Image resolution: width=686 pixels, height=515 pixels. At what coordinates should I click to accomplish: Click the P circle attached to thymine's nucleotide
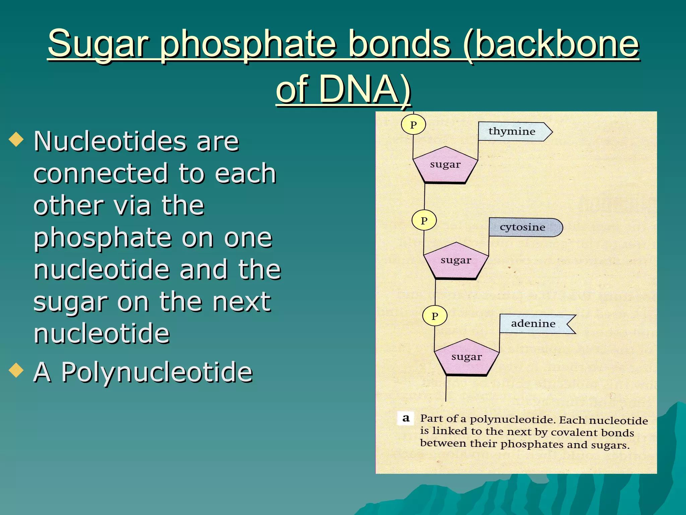pyautogui.click(x=413, y=125)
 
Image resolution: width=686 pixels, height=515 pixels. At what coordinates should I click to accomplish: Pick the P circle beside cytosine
pyautogui.click(x=424, y=221)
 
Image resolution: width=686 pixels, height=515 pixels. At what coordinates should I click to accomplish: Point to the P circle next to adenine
pyautogui.click(x=435, y=316)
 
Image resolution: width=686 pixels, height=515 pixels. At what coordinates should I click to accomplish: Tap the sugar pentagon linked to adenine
pyautogui.click(x=467, y=357)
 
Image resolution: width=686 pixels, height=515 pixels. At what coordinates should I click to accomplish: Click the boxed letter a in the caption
pyautogui.click(x=406, y=418)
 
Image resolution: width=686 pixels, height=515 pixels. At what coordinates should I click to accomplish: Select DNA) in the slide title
pyautogui.click(x=365, y=89)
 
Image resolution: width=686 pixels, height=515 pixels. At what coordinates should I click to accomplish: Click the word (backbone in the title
pyautogui.click(x=551, y=44)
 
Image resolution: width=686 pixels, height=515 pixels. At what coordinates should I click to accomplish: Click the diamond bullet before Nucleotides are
pyautogui.click(x=16, y=140)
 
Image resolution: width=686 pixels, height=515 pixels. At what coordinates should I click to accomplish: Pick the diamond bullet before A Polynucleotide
pyautogui.click(x=16, y=370)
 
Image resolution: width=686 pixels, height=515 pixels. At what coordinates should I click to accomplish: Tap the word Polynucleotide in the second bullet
pyautogui.click(x=157, y=372)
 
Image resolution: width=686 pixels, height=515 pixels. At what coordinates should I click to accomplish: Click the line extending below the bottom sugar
pyautogui.click(x=446, y=389)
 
